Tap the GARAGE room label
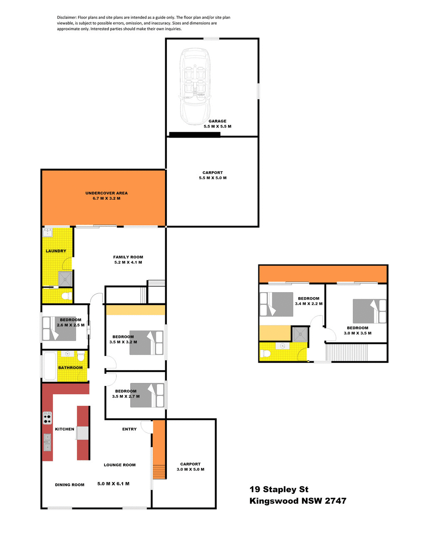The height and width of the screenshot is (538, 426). click(x=218, y=121)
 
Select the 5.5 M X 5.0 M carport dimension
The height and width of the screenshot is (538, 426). click(x=213, y=178)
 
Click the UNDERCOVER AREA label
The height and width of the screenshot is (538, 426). click(x=106, y=193)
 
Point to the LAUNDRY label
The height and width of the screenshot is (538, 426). click(x=56, y=251)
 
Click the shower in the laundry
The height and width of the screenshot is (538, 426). click(x=65, y=279)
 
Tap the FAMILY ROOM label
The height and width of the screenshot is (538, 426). click(x=128, y=257)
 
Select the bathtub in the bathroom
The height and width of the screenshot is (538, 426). click(x=50, y=366)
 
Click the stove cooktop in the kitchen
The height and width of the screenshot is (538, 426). click(x=47, y=418)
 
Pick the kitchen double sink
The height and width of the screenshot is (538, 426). click(x=47, y=442)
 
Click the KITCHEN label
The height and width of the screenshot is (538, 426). click(x=64, y=429)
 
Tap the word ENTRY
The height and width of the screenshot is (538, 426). click(x=129, y=429)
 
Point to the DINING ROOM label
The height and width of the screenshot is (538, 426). click(x=69, y=485)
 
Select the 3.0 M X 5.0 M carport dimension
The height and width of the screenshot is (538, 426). click(x=191, y=469)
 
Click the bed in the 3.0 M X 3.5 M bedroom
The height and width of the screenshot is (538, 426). click(x=369, y=311)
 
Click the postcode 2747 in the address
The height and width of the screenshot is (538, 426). click(x=335, y=501)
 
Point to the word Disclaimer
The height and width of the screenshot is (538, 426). click(x=67, y=18)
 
